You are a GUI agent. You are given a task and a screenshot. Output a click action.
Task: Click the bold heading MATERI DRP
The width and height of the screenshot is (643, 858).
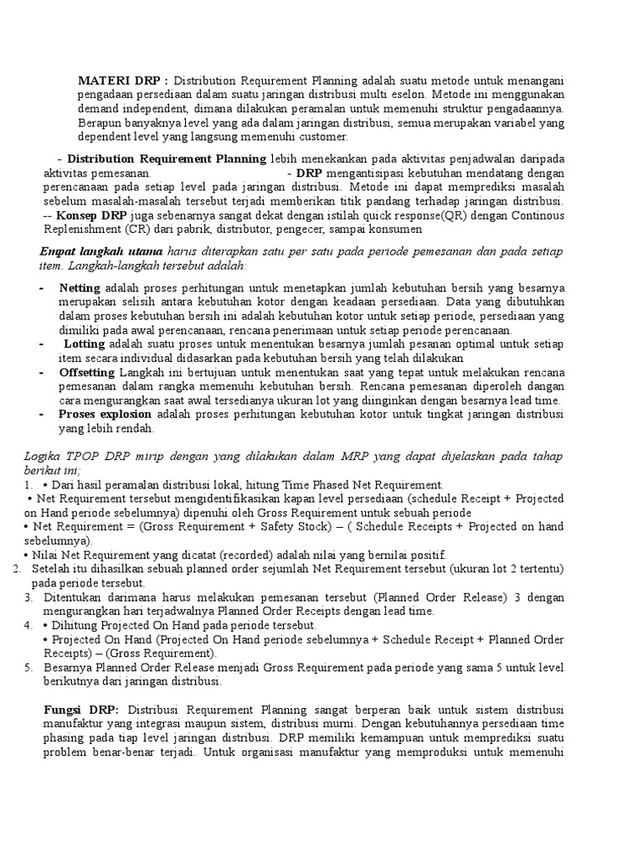point(122,80)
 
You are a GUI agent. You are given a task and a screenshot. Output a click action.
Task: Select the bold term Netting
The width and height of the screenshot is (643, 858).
point(80,287)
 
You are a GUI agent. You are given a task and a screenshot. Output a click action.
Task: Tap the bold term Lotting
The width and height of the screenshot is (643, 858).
point(84,344)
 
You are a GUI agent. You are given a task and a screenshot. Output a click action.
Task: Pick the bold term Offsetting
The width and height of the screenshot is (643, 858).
point(87,372)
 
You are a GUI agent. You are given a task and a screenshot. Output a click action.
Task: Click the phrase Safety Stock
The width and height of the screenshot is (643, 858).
point(290,527)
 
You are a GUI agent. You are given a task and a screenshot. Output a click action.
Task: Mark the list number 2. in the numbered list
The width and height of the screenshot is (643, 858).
point(18,569)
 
